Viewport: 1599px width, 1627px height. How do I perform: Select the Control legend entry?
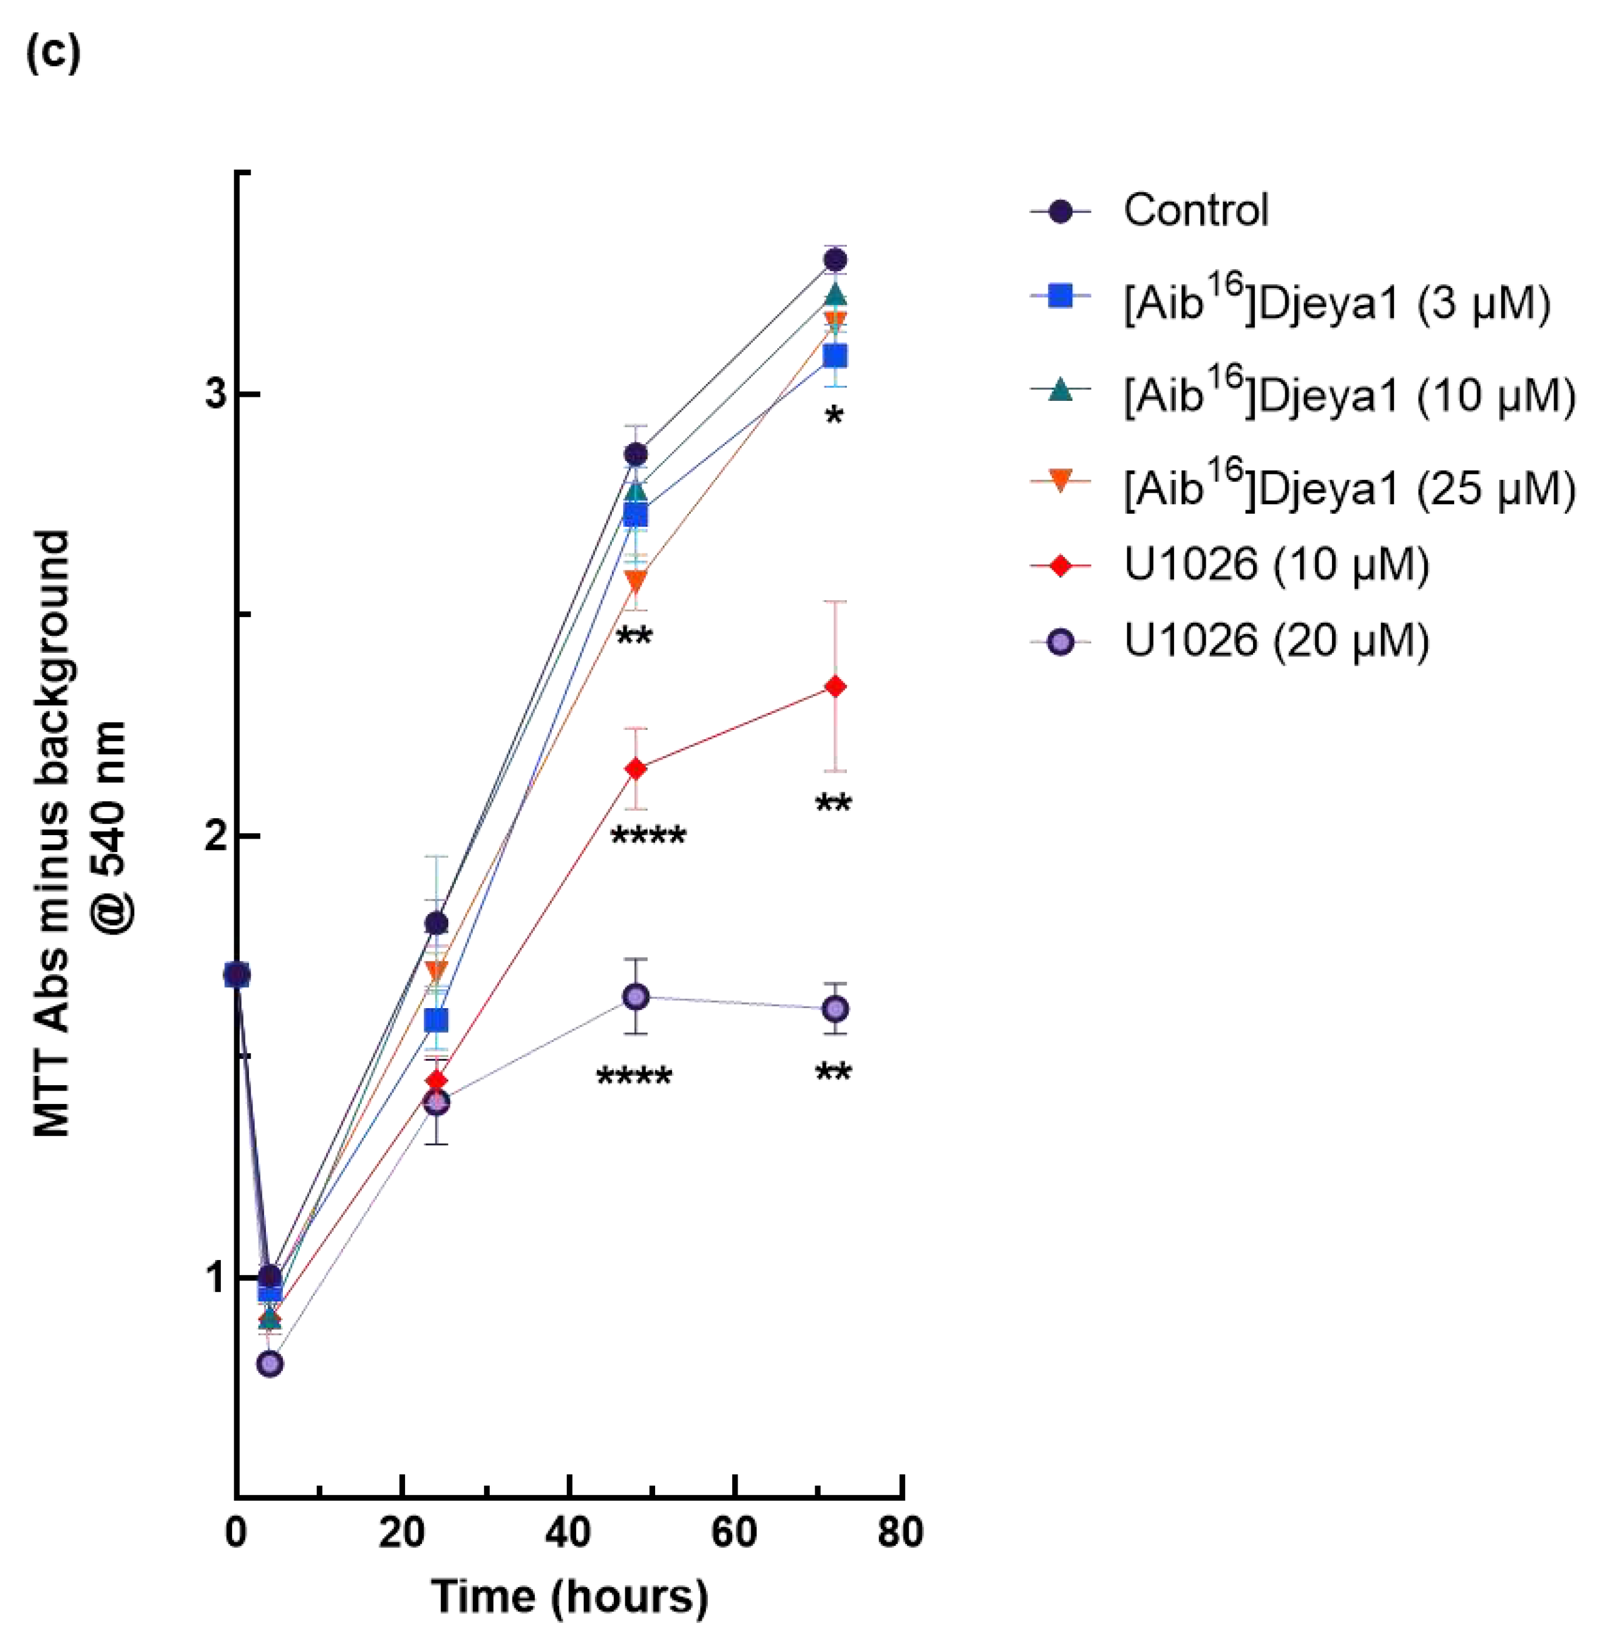pyautogui.click(x=1195, y=211)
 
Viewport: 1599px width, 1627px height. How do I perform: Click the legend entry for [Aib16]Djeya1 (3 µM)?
pyautogui.click(x=1336, y=303)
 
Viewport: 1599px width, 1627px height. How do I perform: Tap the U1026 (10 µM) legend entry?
pyautogui.click(x=1276, y=565)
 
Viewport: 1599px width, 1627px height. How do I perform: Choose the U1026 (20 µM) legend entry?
pyautogui.click(x=1276, y=641)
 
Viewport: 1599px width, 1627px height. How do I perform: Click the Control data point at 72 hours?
pyautogui.click(x=835, y=259)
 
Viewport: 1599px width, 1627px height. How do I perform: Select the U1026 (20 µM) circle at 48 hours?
pyautogui.click(x=636, y=997)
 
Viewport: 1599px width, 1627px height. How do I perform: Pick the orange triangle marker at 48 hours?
pyautogui.click(x=636, y=581)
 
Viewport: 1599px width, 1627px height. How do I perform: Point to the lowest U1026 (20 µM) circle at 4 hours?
pyautogui.click(x=269, y=1363)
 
